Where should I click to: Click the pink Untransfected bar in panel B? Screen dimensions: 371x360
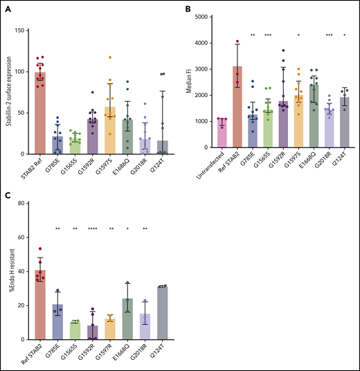point(222,136)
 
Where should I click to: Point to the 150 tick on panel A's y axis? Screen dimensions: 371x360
point(26,30)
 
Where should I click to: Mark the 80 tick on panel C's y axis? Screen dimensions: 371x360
point(26,203)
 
